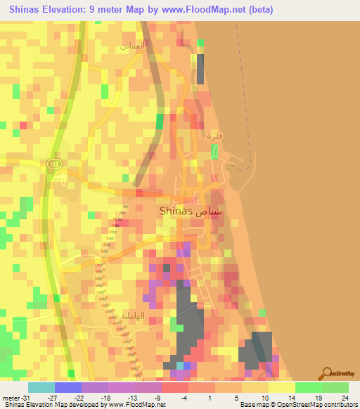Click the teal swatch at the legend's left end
(x=41, y=387)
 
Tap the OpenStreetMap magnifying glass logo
(x=326, y=373)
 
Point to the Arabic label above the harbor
(x=214, y=135)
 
